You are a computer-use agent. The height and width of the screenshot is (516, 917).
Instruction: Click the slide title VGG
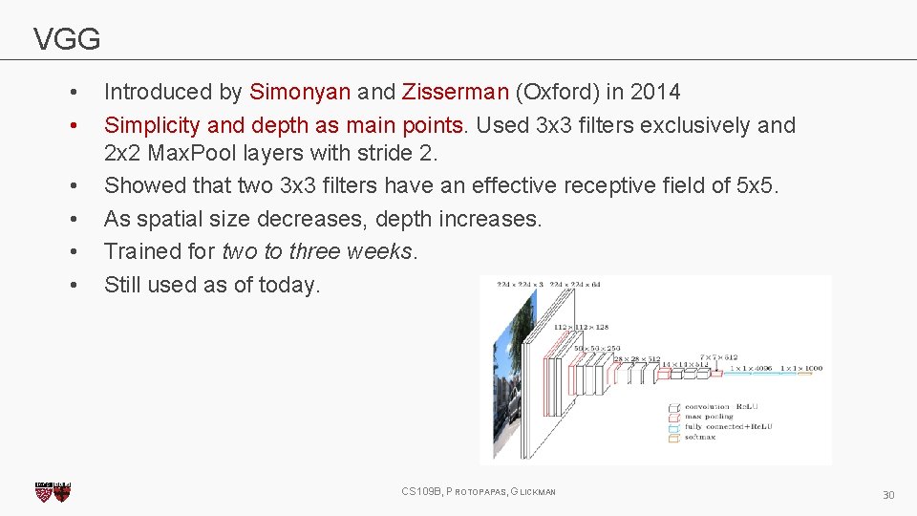click(x=67, y=39)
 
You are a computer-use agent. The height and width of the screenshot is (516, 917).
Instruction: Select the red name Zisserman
click(x=456, y=93)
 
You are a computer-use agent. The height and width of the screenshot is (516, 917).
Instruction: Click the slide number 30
click(x=887, y=495)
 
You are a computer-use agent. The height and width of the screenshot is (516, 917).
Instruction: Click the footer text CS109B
click(x=421, y=492)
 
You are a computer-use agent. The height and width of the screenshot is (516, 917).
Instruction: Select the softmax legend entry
click(x=700, y=438)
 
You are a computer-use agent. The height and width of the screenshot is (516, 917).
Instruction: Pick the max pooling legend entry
click(x=707, y=417)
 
